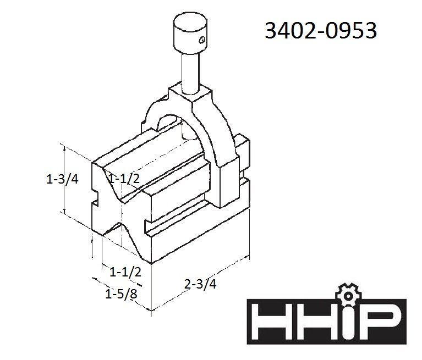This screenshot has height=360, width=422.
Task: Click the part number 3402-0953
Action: click(321, 30)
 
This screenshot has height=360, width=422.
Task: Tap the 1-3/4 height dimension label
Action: click(62, 179)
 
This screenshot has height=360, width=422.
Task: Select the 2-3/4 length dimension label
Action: click(200, 284)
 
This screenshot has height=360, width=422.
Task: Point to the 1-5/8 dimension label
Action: click(121, 294)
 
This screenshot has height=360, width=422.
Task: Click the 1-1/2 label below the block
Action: click(125, 273)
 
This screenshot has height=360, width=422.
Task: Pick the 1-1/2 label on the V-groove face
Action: click(124, 178)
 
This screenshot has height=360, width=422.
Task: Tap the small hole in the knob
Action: click(202, 40)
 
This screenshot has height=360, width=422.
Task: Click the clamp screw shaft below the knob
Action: click(190, 73)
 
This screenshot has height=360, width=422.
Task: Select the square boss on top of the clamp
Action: click(190, 94)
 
